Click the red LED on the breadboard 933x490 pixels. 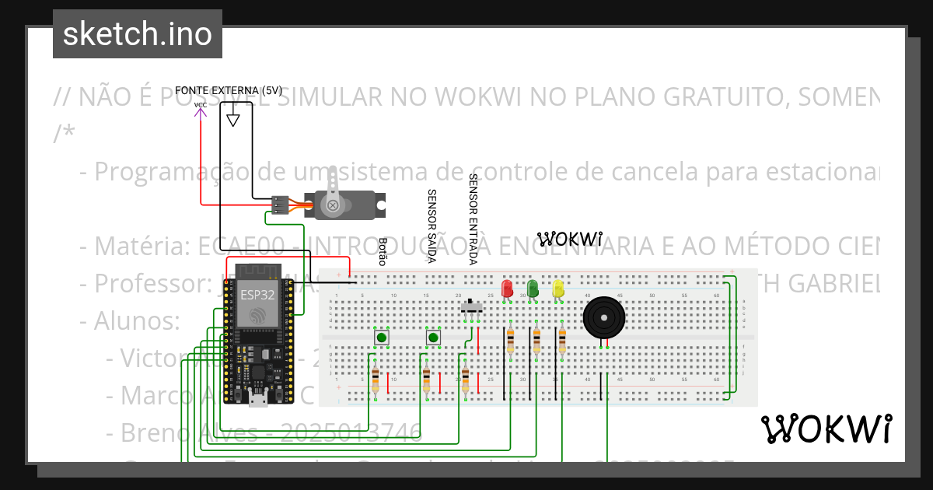click(508, 289)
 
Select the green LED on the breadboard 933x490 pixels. click(533, 289)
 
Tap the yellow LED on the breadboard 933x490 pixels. click(558, 289)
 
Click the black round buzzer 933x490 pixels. click(603, 318)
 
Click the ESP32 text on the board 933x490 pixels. click(257, 295)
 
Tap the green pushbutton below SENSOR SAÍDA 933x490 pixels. click(433, 338)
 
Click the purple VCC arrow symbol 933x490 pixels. click(201, 113)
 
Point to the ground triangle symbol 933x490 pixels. click(232, 121)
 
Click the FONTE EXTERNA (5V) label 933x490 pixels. click(228, 90)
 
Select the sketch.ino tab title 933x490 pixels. click(138, 34)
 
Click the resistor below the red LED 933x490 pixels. click(510, 341)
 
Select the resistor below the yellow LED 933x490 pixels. click(562, 341)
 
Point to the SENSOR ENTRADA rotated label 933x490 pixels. click(472, 219)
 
